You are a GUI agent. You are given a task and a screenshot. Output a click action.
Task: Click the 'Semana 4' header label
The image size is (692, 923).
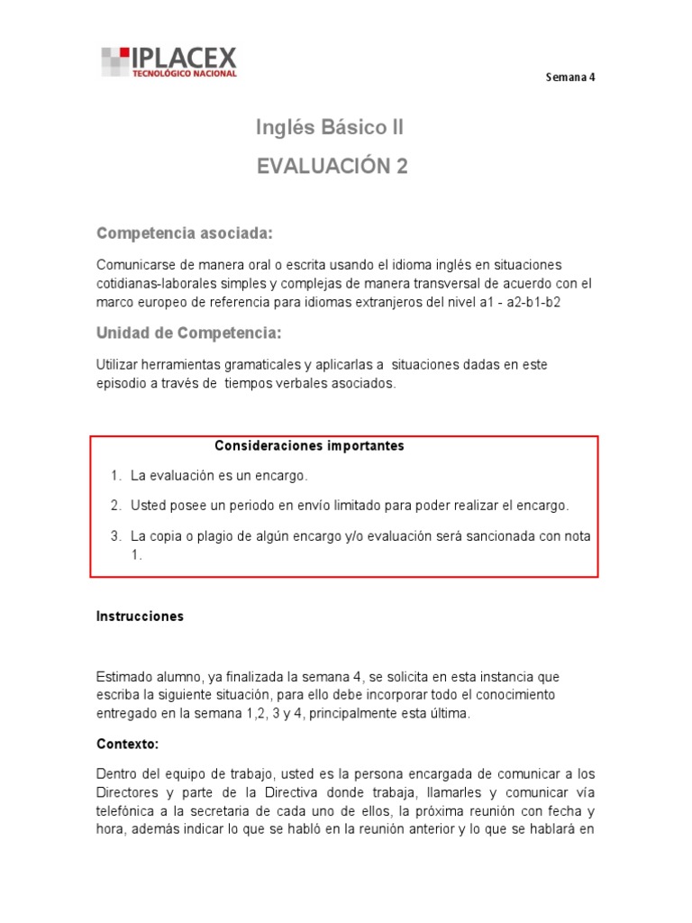(x=570, y=77)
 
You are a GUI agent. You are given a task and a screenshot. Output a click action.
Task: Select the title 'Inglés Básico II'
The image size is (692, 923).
(x=330, y=128)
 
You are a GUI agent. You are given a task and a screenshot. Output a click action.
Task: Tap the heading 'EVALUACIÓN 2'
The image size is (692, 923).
(x=332, y=166)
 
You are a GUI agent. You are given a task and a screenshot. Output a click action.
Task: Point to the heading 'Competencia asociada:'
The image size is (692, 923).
(x=184, y=234)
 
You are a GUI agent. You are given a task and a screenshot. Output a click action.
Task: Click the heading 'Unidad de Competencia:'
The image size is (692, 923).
(x=188, y=334)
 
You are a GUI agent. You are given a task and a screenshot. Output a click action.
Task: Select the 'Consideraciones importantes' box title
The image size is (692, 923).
(x=309, y=446)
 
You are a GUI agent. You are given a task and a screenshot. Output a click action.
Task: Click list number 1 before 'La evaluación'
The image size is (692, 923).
(x=115, y=475)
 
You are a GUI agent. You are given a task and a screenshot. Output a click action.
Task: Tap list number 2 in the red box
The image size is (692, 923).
(x=115, y=505)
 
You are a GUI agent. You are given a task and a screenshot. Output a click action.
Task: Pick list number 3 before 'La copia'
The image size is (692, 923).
(x=115, y=535)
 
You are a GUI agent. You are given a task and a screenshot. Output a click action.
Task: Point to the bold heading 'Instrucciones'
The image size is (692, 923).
(x=140, y=617)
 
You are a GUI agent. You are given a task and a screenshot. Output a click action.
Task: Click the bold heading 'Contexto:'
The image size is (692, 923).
(x=127, y=745)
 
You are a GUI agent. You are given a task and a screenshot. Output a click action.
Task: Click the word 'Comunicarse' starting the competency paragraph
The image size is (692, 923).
(x=133, y=264)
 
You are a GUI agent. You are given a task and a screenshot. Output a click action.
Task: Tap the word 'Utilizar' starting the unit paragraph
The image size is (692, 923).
(x=117, y=364)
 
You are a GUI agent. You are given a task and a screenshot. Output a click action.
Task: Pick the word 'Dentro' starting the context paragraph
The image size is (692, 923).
(x=116, y=774)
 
